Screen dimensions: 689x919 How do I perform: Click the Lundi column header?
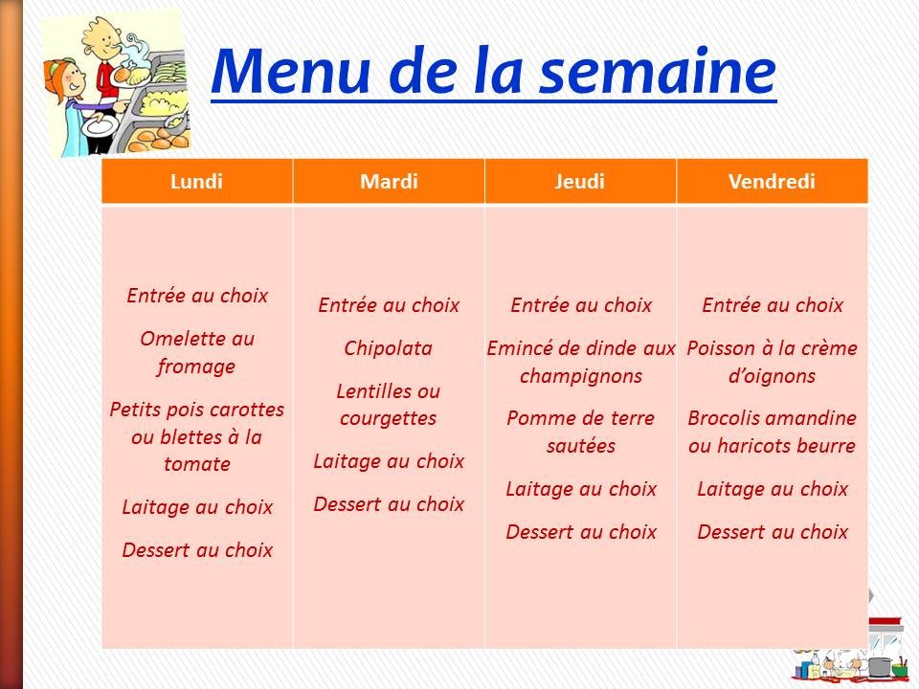pyautogui.click(x=196, y=182)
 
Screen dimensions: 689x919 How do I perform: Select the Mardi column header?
pyautogui.click(x=389, y=182)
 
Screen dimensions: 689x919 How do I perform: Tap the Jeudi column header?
pyautogui.click(x=580, y=182)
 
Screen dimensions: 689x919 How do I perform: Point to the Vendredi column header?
pyautogui.click(x=772, y=182)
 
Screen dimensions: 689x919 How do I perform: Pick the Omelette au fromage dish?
pyautogui.click(x=197, y=352)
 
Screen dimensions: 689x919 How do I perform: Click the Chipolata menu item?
pyautogui.click(x=389, y=348)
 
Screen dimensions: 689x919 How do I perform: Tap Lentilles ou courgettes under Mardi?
pyautogui.click(x=389, y=405)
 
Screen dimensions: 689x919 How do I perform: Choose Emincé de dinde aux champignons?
pyautogui.click(x=580, y=362)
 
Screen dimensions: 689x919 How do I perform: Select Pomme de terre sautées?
pyautogui.click(x=580, y=432)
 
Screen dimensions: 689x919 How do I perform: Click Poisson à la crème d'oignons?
pyautogui.click(x=772, y=362)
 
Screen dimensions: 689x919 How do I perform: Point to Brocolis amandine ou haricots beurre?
pyautogui.click(x=772, y=432)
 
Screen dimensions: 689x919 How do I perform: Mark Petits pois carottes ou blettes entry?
pyautogui.click(x=197, y=436)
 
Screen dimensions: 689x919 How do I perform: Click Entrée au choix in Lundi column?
pyautogui.click(x=197, y=296)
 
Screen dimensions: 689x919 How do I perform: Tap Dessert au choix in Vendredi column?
pyautogui.click(x=772, y=531)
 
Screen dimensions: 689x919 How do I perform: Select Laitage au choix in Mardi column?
pyautogui.click(x=389, y=461)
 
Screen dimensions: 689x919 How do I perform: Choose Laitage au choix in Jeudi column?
pyautogui.click(x=580, y=489)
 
